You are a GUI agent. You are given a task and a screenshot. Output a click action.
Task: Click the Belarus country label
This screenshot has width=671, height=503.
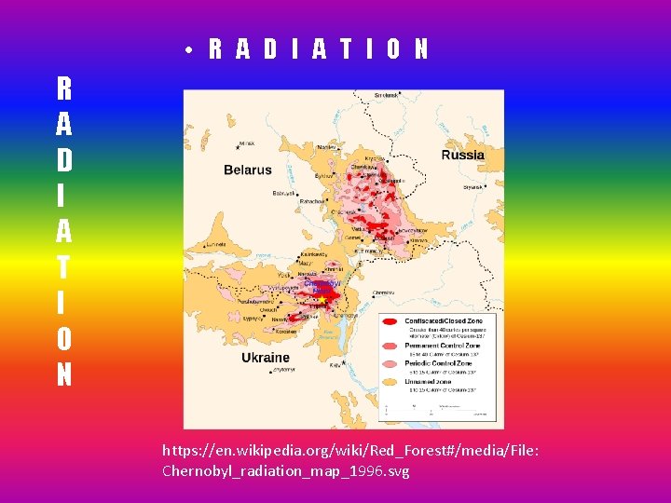(x=248, y=170)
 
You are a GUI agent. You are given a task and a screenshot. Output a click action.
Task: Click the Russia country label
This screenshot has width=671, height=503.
(x=462, y=155)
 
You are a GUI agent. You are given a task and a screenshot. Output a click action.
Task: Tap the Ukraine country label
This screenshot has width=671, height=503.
(x=266, y=357)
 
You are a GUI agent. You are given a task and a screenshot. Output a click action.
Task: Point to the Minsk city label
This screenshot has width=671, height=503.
(x=247, y=143)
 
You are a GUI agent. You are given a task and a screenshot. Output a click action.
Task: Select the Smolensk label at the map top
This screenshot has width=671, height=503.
(x=385, y=95)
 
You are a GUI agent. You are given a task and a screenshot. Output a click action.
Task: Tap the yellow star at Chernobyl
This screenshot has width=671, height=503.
(x=322, y=300)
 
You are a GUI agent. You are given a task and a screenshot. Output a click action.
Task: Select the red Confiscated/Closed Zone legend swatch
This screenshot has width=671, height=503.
(x=390, y=323)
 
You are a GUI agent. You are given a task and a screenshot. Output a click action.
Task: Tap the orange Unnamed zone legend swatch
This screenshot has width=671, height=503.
(x=390, y=384)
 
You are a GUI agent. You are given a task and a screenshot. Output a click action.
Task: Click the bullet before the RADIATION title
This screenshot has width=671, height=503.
(x=188, y=50)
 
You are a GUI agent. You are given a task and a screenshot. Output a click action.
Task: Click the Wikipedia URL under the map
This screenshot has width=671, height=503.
(x=350, y=460)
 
